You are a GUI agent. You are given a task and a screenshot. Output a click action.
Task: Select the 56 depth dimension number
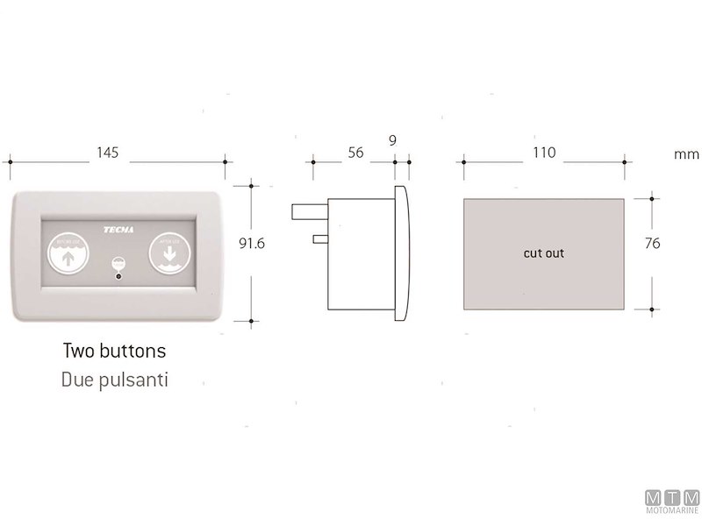pos(355,152)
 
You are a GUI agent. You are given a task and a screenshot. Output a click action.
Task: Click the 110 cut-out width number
pos(544,152)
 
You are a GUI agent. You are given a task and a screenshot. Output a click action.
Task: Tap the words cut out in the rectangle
pos(544,253)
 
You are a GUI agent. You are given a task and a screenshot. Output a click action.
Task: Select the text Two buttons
pos(115,352)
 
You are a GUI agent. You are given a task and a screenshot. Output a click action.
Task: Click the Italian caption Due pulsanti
pos(115,380)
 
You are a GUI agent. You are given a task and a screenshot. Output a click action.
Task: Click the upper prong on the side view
pos(309,211)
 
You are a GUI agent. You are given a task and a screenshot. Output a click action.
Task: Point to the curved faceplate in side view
pos(400,252)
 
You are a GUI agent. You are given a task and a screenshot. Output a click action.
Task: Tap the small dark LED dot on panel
pos(118,278)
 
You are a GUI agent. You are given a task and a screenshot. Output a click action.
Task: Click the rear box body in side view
pos(360,254)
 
